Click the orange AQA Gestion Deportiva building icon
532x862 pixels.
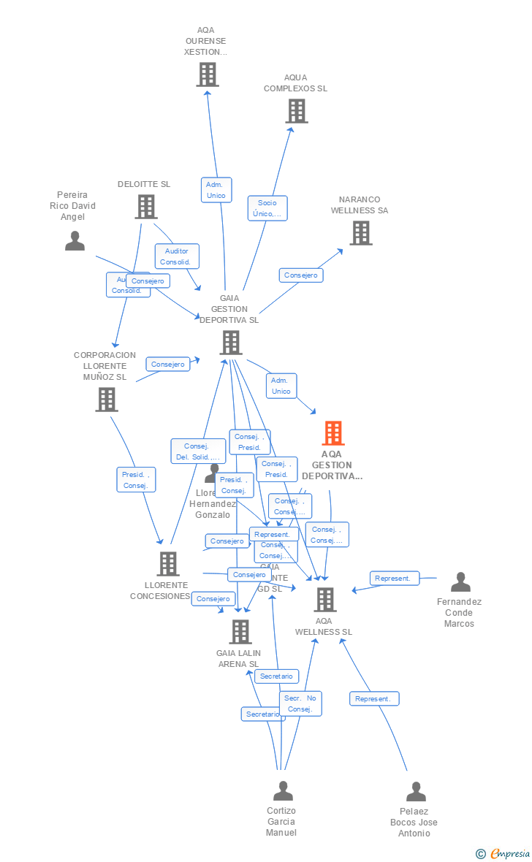(333, 433)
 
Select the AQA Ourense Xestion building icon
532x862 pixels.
(208, 75)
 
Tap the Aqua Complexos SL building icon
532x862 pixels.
(296, 111)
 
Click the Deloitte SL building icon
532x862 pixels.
(146, 207)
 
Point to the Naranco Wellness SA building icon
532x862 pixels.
(360, 233)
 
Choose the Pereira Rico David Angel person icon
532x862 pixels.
(75, 240)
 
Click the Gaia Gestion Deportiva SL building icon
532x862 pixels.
(231, 342)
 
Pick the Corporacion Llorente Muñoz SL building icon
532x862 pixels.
(107, 400)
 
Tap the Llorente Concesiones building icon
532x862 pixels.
(168, 563)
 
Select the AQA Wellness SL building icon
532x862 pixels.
(324, 600)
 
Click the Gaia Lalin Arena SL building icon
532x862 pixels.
(240, 632)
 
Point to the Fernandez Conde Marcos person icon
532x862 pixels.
(460, 582)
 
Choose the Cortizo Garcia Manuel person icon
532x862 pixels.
(283, 791)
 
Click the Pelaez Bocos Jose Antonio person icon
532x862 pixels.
(416, 792)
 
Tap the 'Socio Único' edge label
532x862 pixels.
(267, 208)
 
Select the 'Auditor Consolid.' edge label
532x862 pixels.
(177, 256)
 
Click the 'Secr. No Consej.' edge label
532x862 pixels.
(300, 703)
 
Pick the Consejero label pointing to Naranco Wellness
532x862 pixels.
(301, 275)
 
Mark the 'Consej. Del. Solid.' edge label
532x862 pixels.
(198, 451)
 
